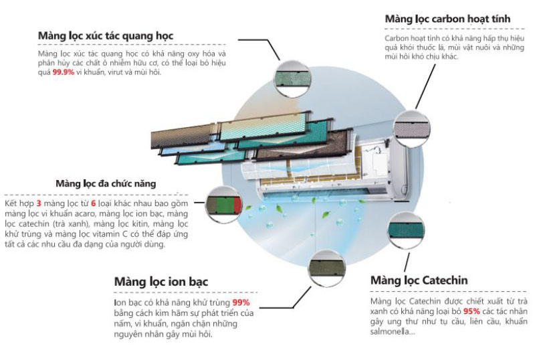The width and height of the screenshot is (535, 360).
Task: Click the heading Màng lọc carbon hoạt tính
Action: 447,19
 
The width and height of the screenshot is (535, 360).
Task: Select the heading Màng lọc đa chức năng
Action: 106,183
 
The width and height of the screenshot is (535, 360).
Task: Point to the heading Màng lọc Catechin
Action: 419,280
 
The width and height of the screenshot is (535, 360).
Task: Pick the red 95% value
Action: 471,311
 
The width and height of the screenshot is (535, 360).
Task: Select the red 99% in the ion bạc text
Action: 241,303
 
